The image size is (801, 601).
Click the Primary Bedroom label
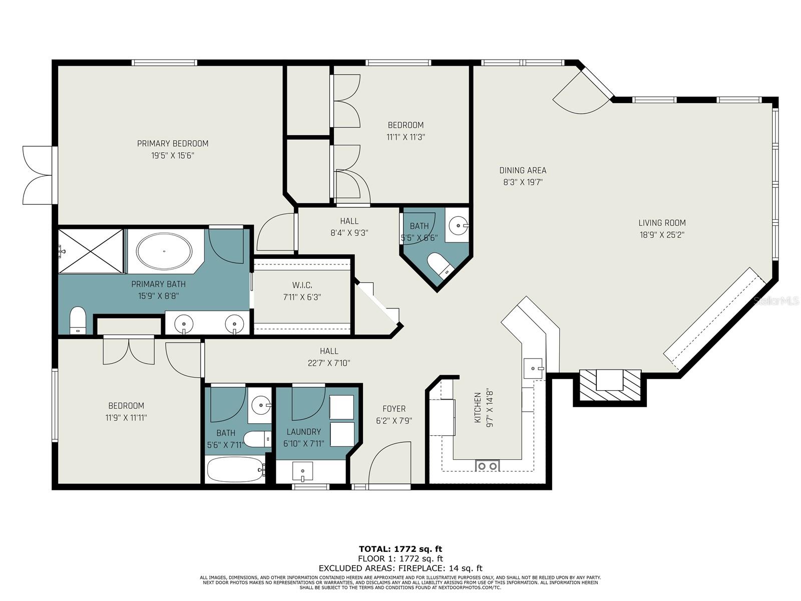coord(173,144)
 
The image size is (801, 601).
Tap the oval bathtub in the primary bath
coord(164,250)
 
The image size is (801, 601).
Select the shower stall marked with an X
coord(91,251)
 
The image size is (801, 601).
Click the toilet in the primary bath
coord(78,320)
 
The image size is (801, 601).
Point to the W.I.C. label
coord(302,285)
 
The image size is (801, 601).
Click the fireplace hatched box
coord(610,385)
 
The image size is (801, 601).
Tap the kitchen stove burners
coord(487,466)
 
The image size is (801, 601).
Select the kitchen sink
coord(533,368)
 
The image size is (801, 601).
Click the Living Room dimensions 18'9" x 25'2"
coord(662,234)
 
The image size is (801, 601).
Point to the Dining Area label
coord(523,170)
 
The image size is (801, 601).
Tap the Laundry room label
coord(304,432)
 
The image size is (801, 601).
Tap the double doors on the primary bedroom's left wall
coord(38,175)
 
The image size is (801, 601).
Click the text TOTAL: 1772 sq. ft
coord(400,549)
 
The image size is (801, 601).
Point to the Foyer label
coord(394,409)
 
